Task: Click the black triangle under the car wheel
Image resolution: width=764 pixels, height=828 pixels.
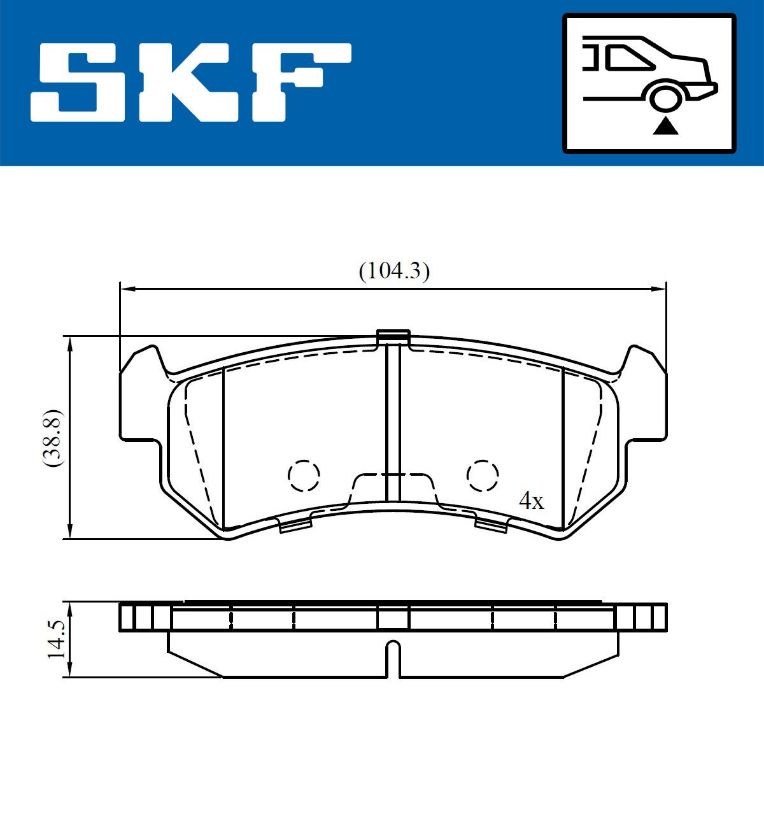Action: [x=665, y=127]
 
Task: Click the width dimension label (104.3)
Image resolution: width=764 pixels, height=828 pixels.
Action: [x=394, y=271]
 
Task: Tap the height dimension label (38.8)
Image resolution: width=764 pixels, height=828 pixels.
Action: [x=53, y=438]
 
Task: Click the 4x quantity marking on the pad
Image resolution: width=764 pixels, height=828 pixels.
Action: [x=532, y=501]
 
